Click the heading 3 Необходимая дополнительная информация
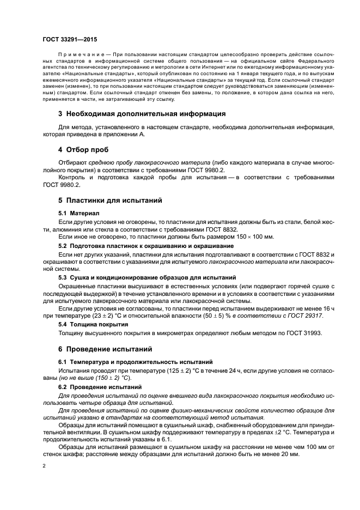142,114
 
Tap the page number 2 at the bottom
44,466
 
